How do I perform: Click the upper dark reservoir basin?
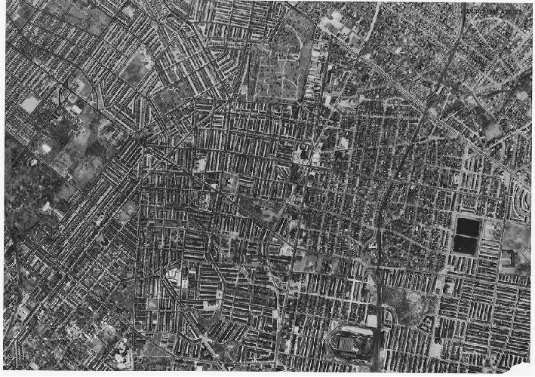(x=466, y=225)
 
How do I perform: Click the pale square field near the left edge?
(x=29, y=104)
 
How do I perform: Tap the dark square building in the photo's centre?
(x=302, y=155)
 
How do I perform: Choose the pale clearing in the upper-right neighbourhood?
(x=492, y=130)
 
